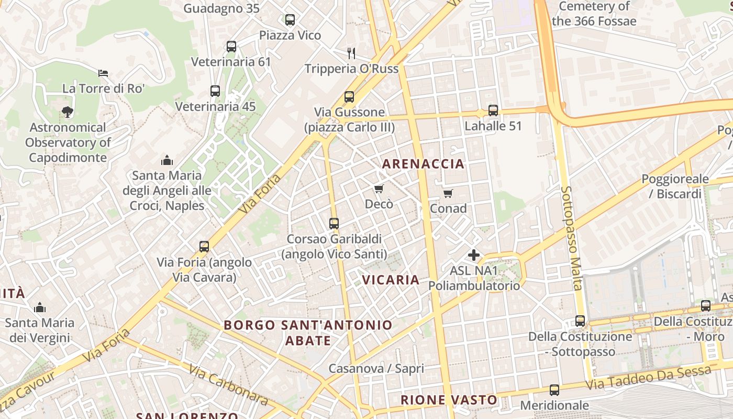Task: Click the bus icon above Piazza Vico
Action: tap(290, 20)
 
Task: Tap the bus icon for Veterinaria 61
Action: tap(231, 46)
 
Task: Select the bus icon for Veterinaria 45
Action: tap(215, 91)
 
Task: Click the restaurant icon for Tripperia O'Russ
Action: tap(351, 53)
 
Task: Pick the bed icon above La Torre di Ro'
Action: tap(103, 73)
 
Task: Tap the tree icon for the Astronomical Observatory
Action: tap(67, 112)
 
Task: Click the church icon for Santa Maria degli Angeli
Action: tap(167, 160)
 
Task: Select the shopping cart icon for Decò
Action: tap(379, 189)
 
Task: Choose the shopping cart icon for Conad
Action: tap(448, 194)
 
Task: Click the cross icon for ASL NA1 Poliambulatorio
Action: tap(474, 255)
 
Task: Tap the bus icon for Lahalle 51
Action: tap(493, 111)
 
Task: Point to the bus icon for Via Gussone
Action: tap(349, 97)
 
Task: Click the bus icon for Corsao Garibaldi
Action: tap(334, 224)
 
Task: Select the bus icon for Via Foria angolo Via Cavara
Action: tap(204, 246)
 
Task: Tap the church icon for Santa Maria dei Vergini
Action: tap(40, 307)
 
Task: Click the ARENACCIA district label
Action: tap(423, 164)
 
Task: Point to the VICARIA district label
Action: tap(391, 280)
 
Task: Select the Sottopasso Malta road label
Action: tap(572, 238)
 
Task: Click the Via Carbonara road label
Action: tap(228, 385)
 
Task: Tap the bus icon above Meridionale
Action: tap(554, 390)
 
